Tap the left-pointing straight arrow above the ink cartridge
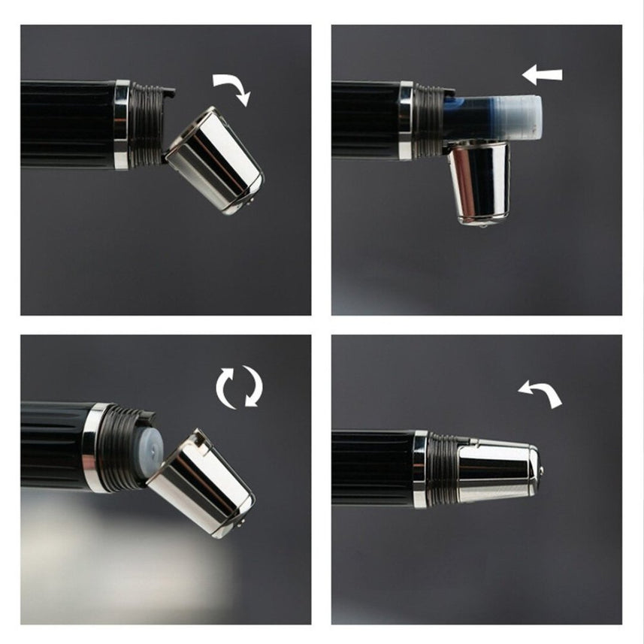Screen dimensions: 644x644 point(543,74)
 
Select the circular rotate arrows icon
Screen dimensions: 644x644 point(239,387)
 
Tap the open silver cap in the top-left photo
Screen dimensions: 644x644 point(214,160)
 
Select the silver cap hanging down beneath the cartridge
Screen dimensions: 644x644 point(479,183)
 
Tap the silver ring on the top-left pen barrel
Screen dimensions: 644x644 point(121,125)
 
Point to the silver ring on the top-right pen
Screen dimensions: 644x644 point(406,121)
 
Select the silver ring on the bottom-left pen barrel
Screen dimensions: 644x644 point(95,446)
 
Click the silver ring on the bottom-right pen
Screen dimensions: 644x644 point(419,469)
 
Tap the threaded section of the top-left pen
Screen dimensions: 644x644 point(146,125)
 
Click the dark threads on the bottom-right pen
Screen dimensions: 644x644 point(443,470)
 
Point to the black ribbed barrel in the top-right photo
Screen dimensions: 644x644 point(364,120)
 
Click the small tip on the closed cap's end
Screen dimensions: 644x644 point(541,473)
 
